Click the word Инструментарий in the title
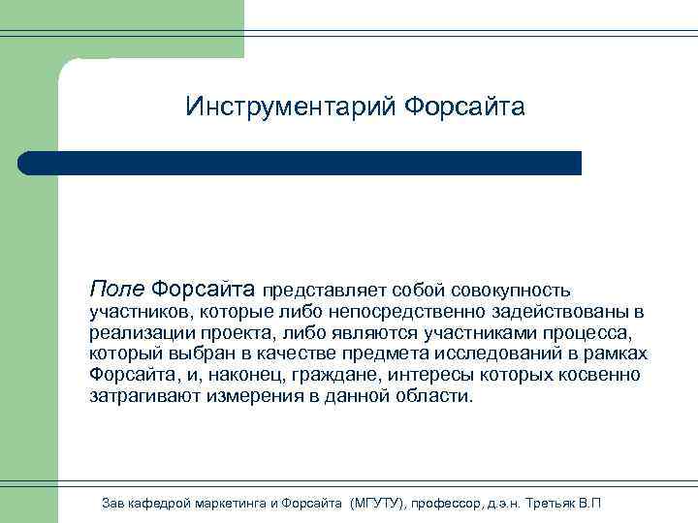[x=288, y=106]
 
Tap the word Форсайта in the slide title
[x=463, y=106]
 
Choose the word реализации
[x=133, y=333]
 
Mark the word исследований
[x=521, y=354]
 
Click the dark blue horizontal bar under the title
[x=301, y=163]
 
